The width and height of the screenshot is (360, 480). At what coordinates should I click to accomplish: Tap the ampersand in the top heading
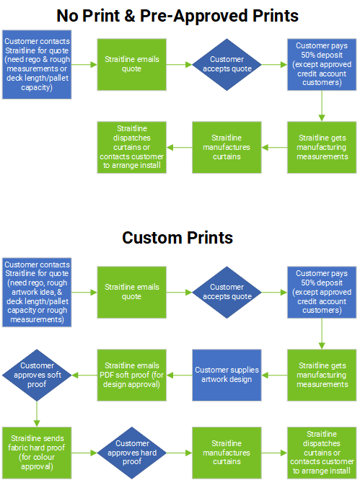coord(130,16)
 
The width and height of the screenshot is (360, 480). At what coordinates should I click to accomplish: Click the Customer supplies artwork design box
coord(227,375)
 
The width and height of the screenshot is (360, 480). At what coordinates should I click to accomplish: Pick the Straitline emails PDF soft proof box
coord(132,375)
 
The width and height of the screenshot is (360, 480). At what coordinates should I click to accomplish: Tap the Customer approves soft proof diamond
coord(37,375)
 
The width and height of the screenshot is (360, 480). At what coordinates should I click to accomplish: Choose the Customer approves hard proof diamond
coord(132,453)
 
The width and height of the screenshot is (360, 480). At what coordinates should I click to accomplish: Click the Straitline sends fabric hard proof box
coord(37,453)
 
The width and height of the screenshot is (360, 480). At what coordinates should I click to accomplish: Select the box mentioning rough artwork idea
coord(37,293)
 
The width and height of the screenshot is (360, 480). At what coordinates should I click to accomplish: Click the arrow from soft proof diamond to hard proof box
coord(37,414)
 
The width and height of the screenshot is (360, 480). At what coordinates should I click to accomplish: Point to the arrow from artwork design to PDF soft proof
coord(179,375)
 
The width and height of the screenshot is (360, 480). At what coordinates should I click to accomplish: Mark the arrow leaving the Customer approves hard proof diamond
coord(179,453)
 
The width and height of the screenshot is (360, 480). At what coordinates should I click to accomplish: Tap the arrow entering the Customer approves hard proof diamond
coord(84,453)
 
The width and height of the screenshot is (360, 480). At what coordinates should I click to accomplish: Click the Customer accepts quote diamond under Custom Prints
coord(227,293)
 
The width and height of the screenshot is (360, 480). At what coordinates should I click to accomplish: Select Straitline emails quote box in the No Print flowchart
coord(132,65)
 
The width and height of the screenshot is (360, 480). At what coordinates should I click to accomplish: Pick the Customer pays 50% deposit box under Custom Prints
coord(322,293)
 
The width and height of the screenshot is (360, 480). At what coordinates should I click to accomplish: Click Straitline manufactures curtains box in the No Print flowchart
coord(227,148)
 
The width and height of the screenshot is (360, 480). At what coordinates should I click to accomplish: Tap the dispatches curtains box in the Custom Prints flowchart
coord(322,453)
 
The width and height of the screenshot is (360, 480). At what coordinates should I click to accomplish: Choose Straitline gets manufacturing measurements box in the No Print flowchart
coord(322,148)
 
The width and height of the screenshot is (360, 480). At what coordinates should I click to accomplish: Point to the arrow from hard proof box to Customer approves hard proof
coord(84,453)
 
